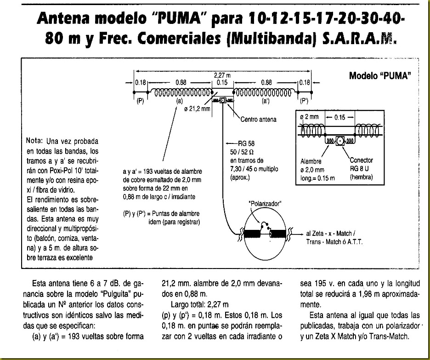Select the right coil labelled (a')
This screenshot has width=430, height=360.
coord(265,91)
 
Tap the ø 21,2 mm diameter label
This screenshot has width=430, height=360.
coord(197,109)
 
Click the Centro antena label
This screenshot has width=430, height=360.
coord(258,120)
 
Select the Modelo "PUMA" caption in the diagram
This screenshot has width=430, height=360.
coord(379,75)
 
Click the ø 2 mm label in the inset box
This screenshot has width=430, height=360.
coord(309,117)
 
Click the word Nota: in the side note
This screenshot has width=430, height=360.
coord(35,140)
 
